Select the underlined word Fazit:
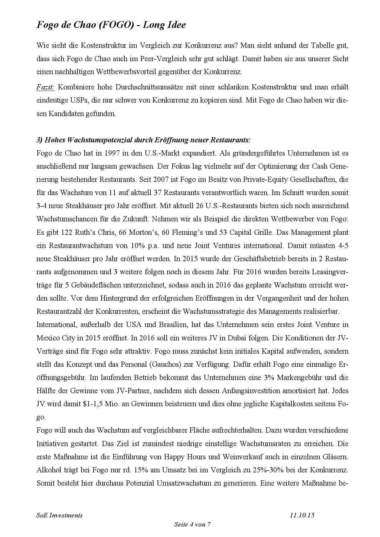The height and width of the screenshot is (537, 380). (x=45, y=87)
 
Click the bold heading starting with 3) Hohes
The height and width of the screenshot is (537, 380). (x=143, y=140)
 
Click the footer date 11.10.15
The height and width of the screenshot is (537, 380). (x=302, y=515)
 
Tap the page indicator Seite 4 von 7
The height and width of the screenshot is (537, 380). (x=192, y=524)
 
